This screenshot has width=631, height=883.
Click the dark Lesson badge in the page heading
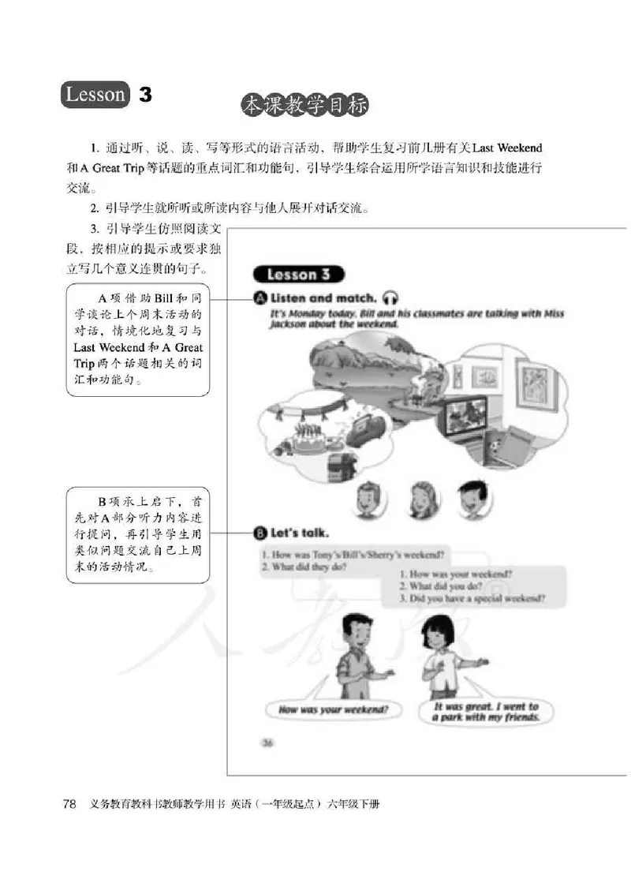click(x=95, y=95)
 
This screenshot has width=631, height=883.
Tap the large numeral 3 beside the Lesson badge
click(x=144, y=95)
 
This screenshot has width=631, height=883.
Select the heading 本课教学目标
click(x=304, y=106)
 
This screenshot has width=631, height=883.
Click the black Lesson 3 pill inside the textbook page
click(x=297, y=275)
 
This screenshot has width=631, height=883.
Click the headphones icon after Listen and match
click(x=390, y=298)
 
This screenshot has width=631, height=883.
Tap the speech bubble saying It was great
click(x=486, y=713)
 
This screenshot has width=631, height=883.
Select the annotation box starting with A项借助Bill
click(x=138, y=340)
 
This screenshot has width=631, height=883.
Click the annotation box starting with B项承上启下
click(x=138, y=535)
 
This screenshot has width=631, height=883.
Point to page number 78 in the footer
click(x=69, y=805)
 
